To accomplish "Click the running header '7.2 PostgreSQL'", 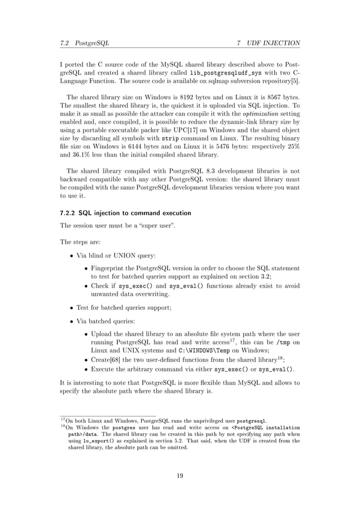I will click(x=84, y=43).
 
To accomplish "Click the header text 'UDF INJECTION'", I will click(x=273, y=43).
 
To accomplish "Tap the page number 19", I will click(x=179, y=476).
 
